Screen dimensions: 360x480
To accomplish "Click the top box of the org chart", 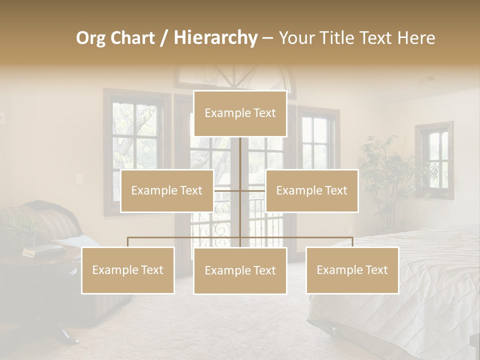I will click(x=240, y=113).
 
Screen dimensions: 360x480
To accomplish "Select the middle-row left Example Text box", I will click(x=167, y=190).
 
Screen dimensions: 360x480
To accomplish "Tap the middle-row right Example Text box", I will click(x=311, y=190).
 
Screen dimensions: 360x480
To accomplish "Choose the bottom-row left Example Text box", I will click(x=128, y=270).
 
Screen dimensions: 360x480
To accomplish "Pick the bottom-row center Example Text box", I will click(x=240, y=270).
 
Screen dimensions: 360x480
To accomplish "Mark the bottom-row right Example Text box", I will click(x=352, y=270).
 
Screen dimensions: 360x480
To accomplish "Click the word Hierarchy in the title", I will click(x=215, y=38).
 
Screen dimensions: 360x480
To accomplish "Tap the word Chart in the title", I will click(x=132, y=38).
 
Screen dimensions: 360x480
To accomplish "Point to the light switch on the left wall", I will click(x=78, y=178).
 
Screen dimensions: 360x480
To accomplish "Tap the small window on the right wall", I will click(x=434, y=160).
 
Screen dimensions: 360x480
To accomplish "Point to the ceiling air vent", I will click(x=429, y=79).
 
